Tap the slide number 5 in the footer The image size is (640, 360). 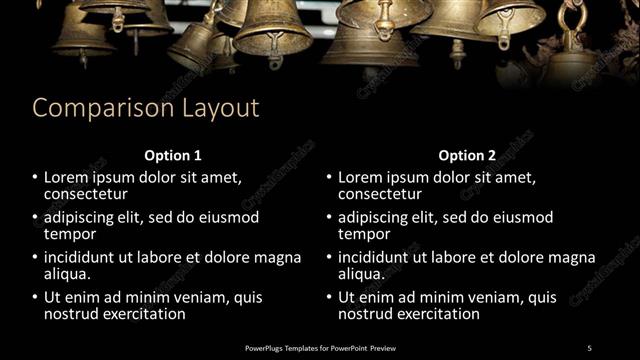tap(589, 347)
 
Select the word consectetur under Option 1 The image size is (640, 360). tap(86, 194)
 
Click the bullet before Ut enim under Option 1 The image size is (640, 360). tap(34, 297)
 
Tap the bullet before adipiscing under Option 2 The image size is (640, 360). tap(328, 217)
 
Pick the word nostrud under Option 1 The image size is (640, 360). tap(72, 313)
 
